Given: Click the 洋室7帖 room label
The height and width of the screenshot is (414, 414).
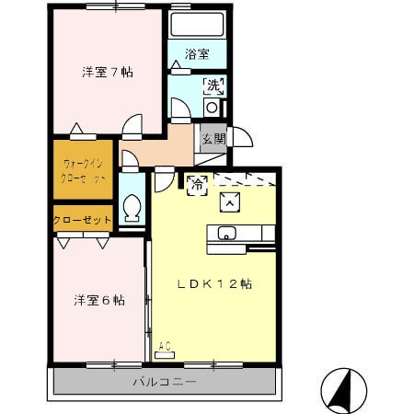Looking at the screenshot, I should point(108,72).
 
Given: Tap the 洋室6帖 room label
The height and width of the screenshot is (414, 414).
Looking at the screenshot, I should point(99,300).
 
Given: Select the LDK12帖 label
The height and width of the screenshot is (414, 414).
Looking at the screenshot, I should point(214,284).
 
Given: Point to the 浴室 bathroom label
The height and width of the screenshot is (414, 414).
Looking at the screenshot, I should point(196,53).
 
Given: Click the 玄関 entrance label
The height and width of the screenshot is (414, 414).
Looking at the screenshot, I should point(213,139).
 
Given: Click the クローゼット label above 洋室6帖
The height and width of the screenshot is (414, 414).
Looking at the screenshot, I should point(83,221).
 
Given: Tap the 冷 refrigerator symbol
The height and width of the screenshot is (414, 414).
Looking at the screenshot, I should point(197,184).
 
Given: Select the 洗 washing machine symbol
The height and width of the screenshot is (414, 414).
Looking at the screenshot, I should point(213,87).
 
